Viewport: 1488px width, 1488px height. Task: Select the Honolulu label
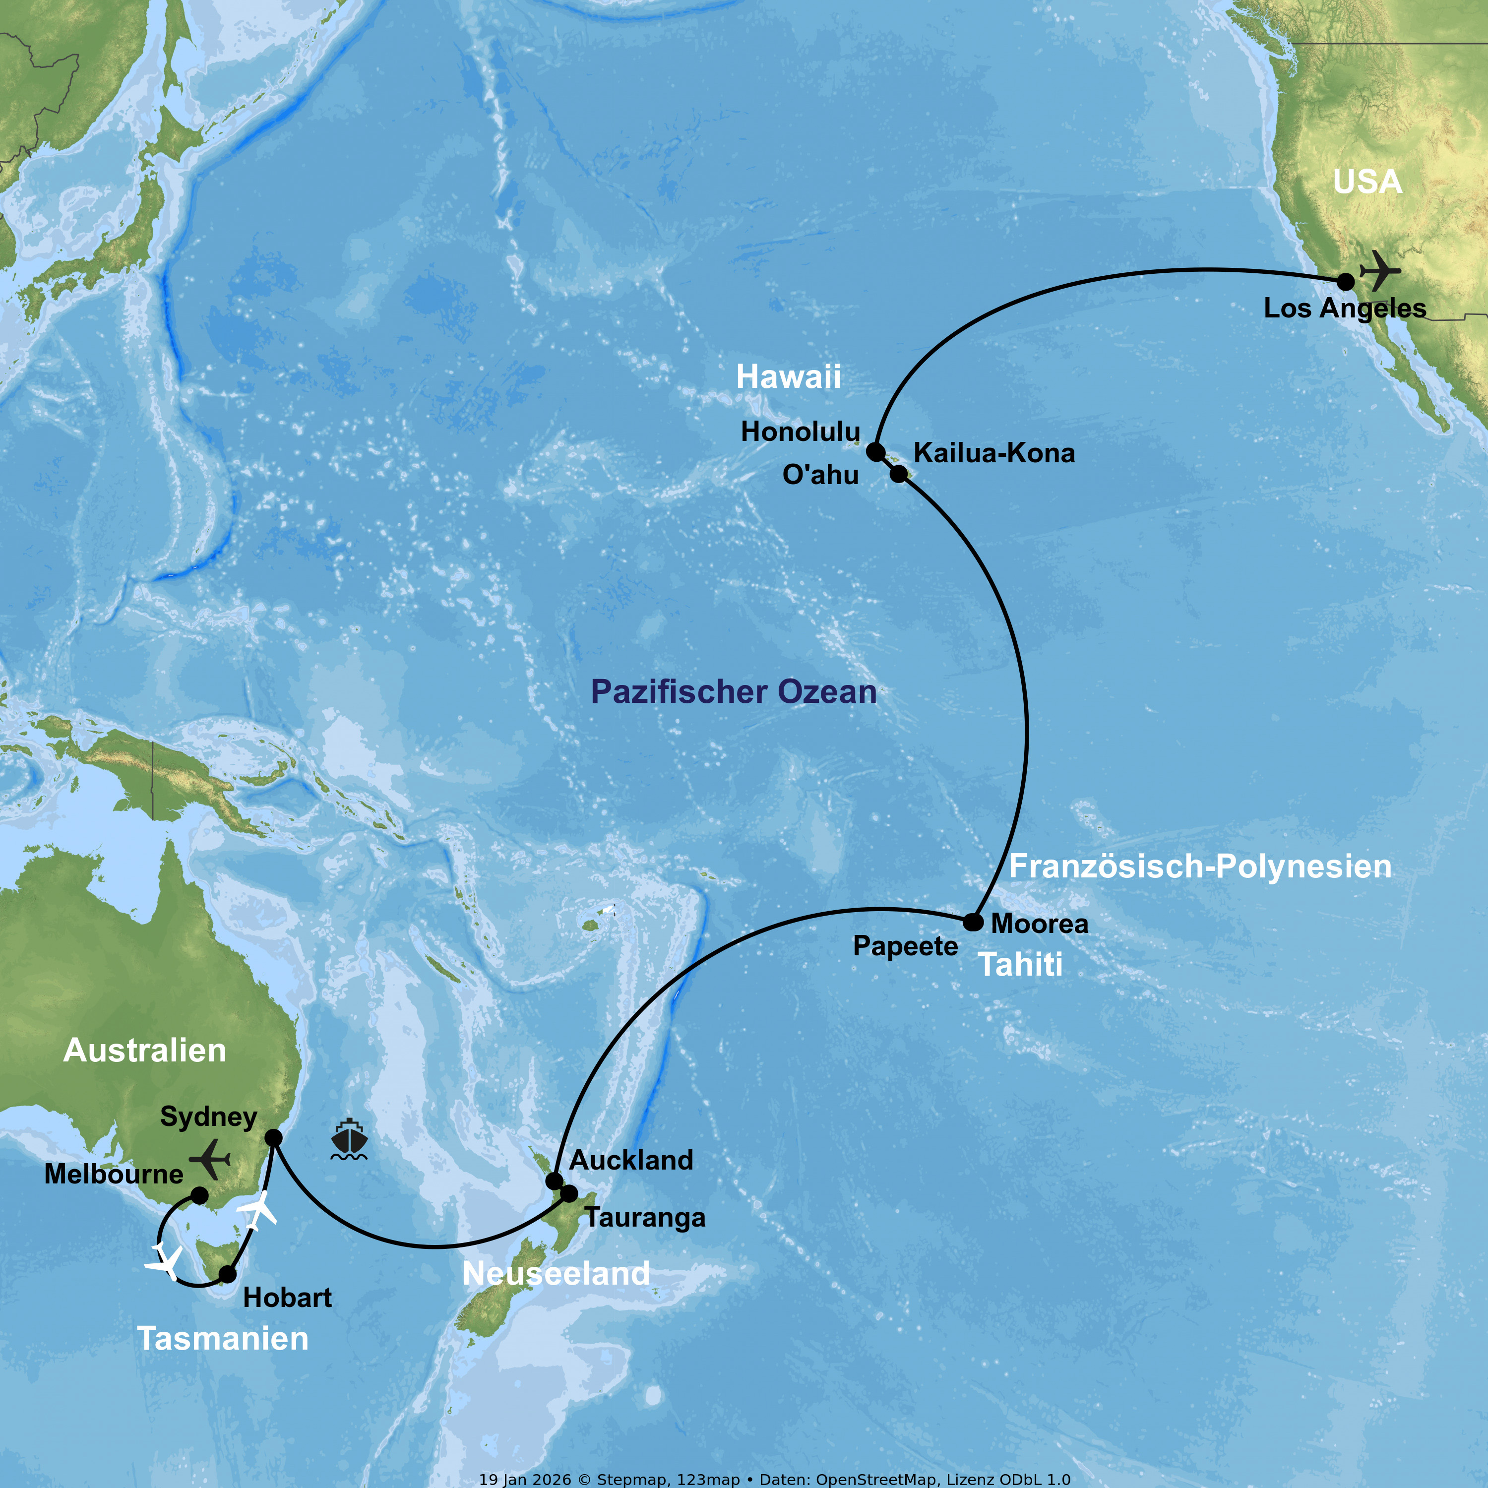(x=800, y=432)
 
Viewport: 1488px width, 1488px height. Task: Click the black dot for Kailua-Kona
(x=899, y=474)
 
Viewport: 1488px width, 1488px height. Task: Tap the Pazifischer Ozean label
(x=733, y=691)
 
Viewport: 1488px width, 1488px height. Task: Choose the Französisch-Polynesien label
(x=1200, y=867)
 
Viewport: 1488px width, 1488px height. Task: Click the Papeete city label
(x=905, y=946)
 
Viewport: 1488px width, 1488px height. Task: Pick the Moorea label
(x=1039, y=924)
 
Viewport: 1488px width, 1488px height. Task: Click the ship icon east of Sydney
(x=349, y=1140)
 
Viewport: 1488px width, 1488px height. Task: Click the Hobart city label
(x=287, y=1298)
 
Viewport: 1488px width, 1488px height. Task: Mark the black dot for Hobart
(x=228, y=1275)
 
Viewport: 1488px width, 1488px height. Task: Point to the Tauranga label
(x=645, y=1218)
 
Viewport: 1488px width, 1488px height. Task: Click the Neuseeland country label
(x=556, y=1274)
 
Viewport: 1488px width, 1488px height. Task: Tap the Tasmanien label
(x=223, y=1339)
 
